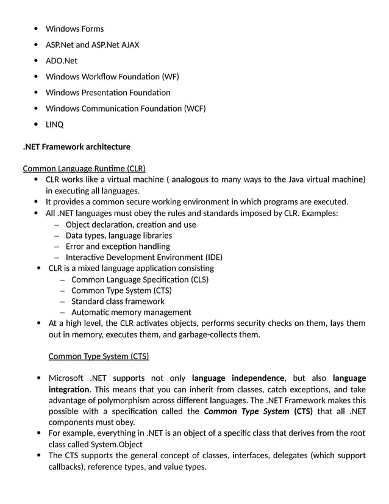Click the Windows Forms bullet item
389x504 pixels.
point(74,29)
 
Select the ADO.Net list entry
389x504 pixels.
point(62,60)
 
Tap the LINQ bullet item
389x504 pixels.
point(54,124)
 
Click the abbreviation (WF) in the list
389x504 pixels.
point(170,76)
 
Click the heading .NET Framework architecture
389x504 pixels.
point(76,146)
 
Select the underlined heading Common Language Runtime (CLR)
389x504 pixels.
point(84,168)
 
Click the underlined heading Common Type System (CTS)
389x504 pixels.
point(98,356)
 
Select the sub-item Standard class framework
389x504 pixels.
point(118,301)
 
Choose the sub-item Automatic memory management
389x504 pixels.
point(131,312)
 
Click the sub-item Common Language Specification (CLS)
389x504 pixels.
point(140,279)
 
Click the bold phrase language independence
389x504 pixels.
point(238,378)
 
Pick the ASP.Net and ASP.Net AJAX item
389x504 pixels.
point(93,45)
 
